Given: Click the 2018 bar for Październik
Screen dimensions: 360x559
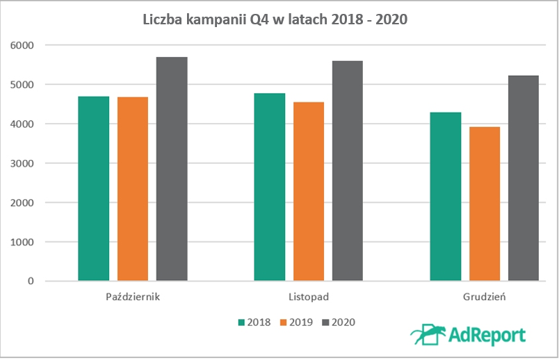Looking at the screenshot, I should [94, 189].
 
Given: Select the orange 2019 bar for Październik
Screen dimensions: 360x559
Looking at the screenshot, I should [133, 190].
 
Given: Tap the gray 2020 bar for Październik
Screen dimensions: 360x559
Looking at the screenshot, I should [172, 170].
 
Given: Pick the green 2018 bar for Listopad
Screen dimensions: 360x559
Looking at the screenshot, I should [270, 188].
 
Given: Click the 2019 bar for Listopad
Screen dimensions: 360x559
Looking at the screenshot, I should [309, 192].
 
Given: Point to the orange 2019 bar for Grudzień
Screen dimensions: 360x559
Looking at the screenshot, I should [485, 204].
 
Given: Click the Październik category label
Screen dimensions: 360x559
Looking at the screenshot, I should [133, 297].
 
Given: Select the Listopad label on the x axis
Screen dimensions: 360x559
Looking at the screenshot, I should [309, 297].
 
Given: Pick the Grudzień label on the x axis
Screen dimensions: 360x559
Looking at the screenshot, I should [485, 297].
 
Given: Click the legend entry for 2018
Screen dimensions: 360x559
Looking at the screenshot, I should [254, 322].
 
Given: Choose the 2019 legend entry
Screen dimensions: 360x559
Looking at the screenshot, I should [296, 322].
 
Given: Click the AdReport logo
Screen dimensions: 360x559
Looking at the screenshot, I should [467, 334].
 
